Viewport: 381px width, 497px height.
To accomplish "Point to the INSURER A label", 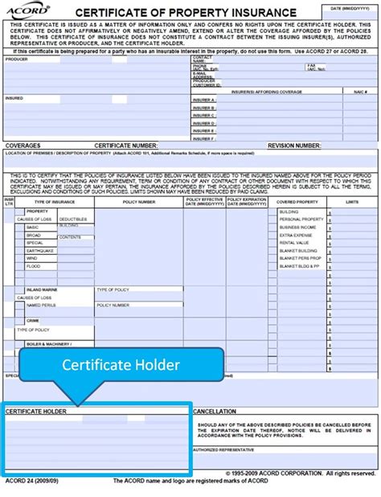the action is (204, 100).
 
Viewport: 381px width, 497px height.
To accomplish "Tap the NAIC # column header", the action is (358, 92).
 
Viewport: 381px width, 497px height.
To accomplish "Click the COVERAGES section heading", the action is (23, 146).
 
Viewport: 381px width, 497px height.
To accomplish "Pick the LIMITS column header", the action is (352, 202).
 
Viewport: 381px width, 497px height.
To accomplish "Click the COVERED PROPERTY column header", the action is (297, 202).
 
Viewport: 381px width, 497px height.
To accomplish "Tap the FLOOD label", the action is (33, 265).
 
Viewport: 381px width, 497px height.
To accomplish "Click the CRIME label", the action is (33, 320).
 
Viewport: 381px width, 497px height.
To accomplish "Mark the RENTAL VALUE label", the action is (292, 242).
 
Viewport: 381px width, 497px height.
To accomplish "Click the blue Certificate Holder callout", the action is (122, 364).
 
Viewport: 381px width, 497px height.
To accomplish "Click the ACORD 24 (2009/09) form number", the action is (30, 481).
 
